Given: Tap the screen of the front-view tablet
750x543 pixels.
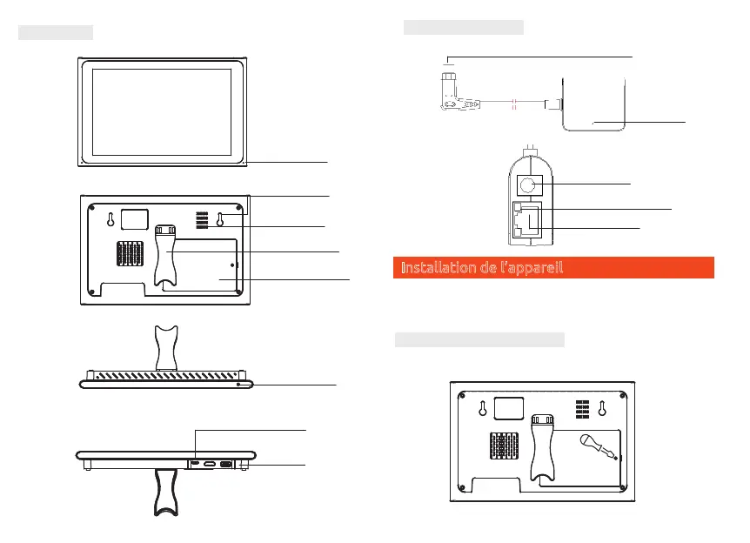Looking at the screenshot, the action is tap(161, 111).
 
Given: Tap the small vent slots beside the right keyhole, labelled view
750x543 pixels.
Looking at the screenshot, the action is tap(200, 219).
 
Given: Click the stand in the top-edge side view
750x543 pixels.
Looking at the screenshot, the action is tap(166, 345).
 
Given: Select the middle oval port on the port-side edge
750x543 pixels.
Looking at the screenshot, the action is tap(210, 465).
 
